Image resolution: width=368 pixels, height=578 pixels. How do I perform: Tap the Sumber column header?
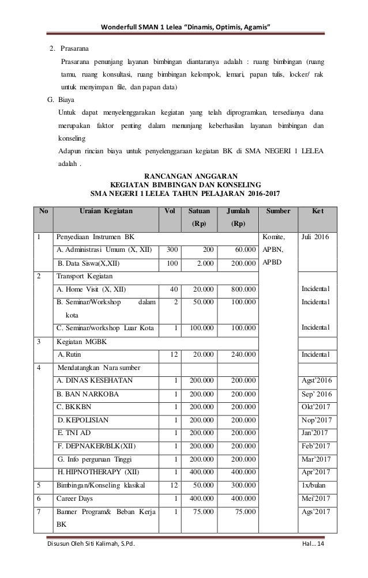click(277, 211)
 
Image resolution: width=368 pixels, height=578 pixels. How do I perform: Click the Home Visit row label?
click(92, 289)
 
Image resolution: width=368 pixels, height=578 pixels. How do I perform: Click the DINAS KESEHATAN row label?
click(95, 380)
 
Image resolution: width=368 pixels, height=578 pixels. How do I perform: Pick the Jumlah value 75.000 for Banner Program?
click(245, 511)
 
